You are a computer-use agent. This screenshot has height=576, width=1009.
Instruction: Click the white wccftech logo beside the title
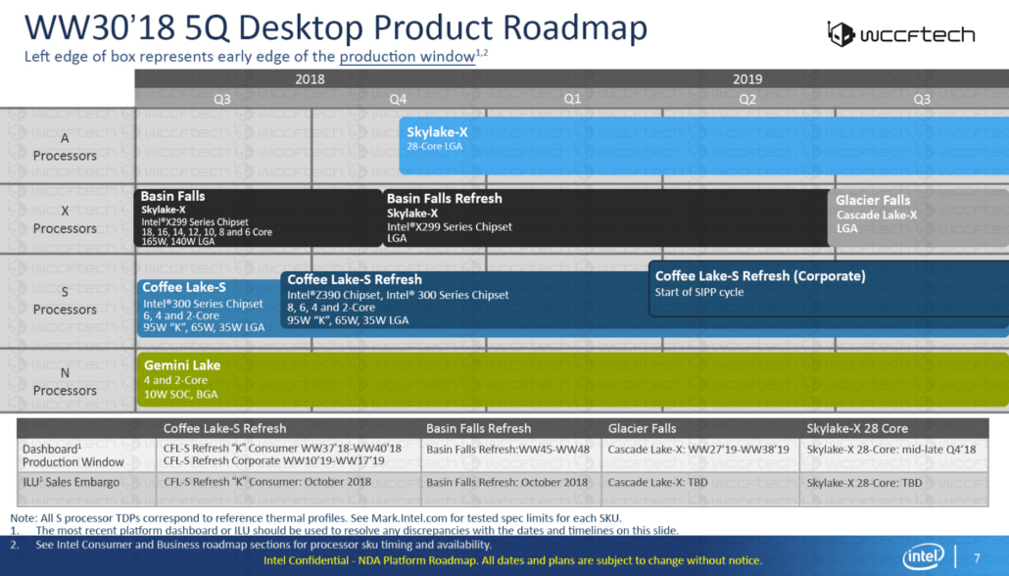coord(900,34)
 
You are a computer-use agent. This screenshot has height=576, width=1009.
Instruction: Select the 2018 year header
coord(310,79)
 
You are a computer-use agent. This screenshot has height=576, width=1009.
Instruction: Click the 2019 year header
coord(746,79)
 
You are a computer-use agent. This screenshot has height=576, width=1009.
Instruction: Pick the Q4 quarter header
coord(398,98)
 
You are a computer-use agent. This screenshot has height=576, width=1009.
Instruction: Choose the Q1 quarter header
coord(572,98)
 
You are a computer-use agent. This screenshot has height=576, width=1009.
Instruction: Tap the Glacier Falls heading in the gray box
coord(873,200)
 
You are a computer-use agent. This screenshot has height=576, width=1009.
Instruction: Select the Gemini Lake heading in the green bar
coord(182,365)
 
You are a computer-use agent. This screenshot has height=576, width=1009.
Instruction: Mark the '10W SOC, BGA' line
coord(180,394)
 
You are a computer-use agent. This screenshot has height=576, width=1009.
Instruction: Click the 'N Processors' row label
coord(65,382)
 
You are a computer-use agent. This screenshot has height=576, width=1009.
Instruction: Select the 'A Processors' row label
coord(65,147)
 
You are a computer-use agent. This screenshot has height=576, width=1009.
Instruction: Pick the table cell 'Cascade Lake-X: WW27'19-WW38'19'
coord(684,449)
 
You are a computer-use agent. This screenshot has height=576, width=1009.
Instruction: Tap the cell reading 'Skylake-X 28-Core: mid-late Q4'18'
coord(889,449)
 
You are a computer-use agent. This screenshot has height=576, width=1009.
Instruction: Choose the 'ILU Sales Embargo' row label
coord(71,482)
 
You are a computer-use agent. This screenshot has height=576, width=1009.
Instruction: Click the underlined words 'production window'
coord(407,57)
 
